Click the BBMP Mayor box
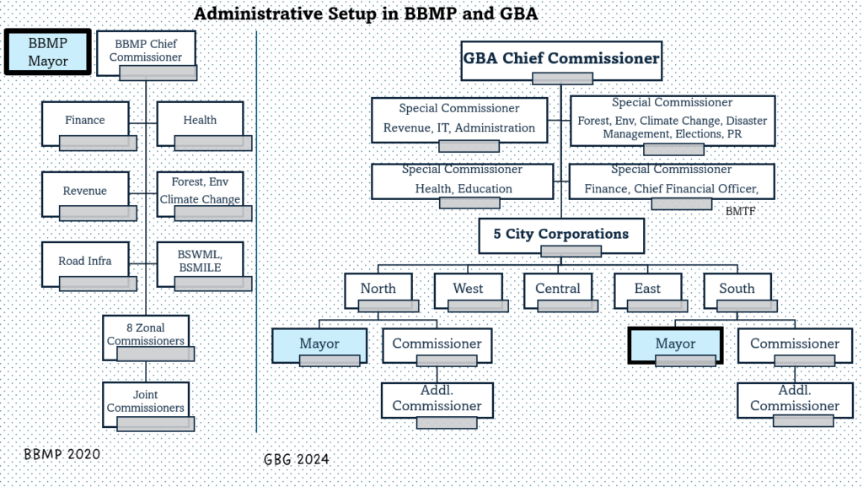[x=47, y=51]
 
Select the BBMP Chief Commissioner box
[x=147, y=51]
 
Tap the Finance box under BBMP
[x=85, y=121]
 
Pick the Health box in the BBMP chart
[x=200, y=121]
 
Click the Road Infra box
[x=85, y=261]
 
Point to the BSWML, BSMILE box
[x=200, y=261]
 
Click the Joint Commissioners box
[x=146, y=402]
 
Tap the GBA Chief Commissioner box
[x=560, y=59]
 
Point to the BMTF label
[x=739, y=212]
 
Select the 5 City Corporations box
[x=561, y=234]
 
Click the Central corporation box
[x=558, y=289]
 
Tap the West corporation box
[x=468, y=289]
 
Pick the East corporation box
[x=647, y=289]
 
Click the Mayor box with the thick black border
[x=675, y=344]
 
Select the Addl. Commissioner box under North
[x=437, y=398]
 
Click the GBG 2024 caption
[x=296, y=459]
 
